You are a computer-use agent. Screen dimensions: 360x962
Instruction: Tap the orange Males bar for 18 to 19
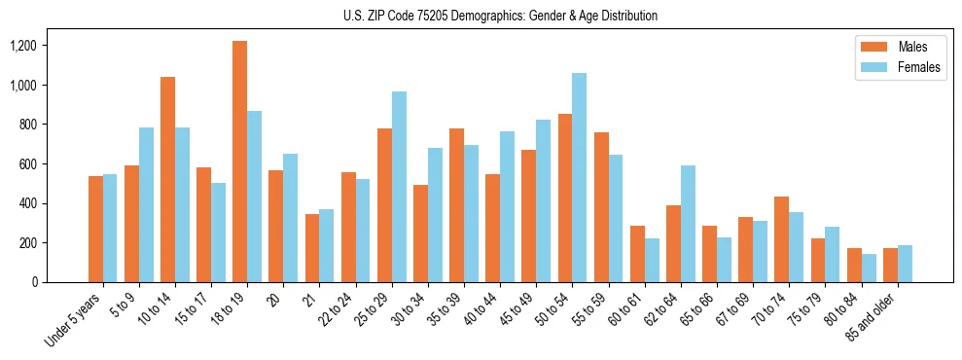[x=239, y=162]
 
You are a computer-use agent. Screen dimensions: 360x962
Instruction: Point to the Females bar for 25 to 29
[x=399, y=187]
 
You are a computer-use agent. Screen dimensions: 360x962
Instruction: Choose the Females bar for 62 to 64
[x=688, y=224]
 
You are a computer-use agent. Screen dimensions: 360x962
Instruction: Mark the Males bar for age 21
[x=312, y=248]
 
